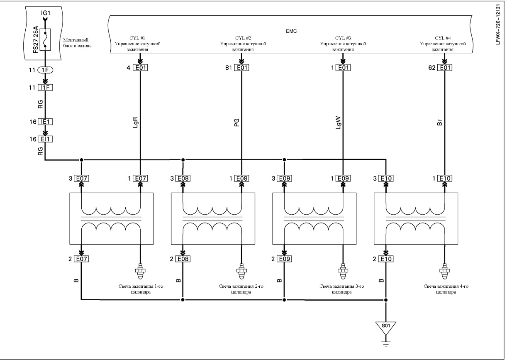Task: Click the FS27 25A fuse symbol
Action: (45, 39)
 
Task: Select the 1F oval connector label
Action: (45, 70)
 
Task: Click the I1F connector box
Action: (45, 88)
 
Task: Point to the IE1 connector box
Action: (45, 122)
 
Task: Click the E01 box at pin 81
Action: (241, 68)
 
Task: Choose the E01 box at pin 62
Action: (445, 68)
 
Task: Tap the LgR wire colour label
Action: (135, 122)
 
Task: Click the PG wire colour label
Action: (236, 122)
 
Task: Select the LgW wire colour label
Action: (338, 122)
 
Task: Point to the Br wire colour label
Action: (439, 122)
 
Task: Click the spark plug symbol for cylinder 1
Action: (140, 272)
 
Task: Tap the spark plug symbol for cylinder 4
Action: (444, 272)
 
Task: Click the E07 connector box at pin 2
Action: (81, 259)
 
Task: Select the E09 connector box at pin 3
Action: (284, 178)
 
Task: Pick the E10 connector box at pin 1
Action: (445, 178)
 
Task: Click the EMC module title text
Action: (291, 31)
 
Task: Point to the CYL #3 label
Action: (343, 38)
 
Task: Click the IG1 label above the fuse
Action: (46, 13)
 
